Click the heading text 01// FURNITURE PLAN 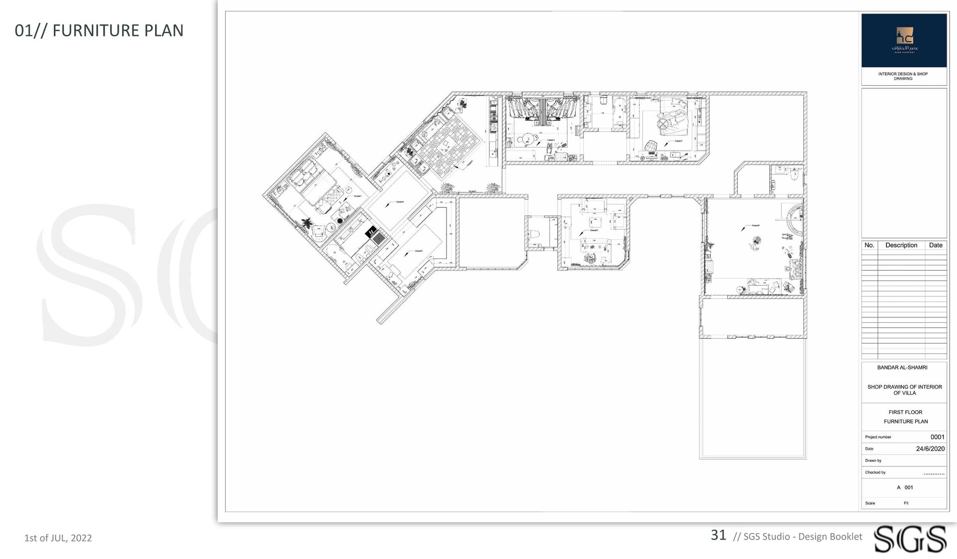pos(99,30)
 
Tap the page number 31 pos(718,535)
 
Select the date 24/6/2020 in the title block pos(930,449)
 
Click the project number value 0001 pos(937,437)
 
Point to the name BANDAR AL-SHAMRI pos(902,368)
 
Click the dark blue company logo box pos(904,40)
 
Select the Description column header pos(901,245)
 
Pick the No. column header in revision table pos(869,245)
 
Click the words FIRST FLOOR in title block pos(905,412)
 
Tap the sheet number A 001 pos(905,488)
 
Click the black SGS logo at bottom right pos(910,539)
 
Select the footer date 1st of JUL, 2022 pos(58,538)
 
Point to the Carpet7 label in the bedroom pos(678,141)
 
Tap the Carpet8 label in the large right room pos(756,225)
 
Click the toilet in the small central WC pos(535,234)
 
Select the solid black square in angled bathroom pos(371,232)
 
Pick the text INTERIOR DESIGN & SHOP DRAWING pos(903,76)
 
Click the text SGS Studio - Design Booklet pos(802,537)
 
